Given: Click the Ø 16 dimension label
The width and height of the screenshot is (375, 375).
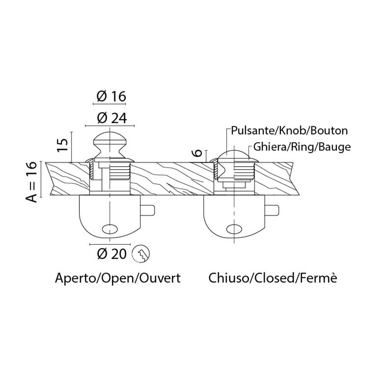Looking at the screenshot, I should tap(109, 96).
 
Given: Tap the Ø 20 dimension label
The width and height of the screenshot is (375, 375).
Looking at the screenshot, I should tap(111, 254).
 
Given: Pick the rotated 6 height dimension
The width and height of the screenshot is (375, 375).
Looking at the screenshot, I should tap(199, 153).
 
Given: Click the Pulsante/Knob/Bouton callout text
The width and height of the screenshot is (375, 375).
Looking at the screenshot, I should tap(289, 131).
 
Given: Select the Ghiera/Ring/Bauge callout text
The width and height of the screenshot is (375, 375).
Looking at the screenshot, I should tap(302, 147).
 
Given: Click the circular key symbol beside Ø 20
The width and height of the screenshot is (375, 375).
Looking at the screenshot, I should tap(141, 254).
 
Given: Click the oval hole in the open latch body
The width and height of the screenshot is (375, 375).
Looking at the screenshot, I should tap(110, 228).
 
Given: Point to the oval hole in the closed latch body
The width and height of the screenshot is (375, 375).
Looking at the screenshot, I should tap(234, 228).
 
